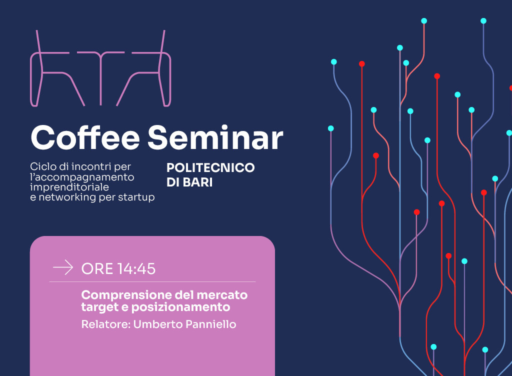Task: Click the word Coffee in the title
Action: click(x=85, y=137)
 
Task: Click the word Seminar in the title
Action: click(x=215, y=137)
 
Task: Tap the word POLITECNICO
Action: click(x=210, y=168)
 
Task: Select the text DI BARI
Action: click(x=189, y=182)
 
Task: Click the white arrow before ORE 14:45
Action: click(x=63, y=267)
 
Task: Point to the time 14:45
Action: click(x=136, y=269)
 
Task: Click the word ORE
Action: click(x=97, y=269)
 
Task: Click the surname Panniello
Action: click(x=210, y=324)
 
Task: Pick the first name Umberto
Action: click(x=158, y=324)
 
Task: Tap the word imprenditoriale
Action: click(x=69, y=187)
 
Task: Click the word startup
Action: click(x=136, y=197)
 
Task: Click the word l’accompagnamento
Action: click(x=82, y=177)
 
